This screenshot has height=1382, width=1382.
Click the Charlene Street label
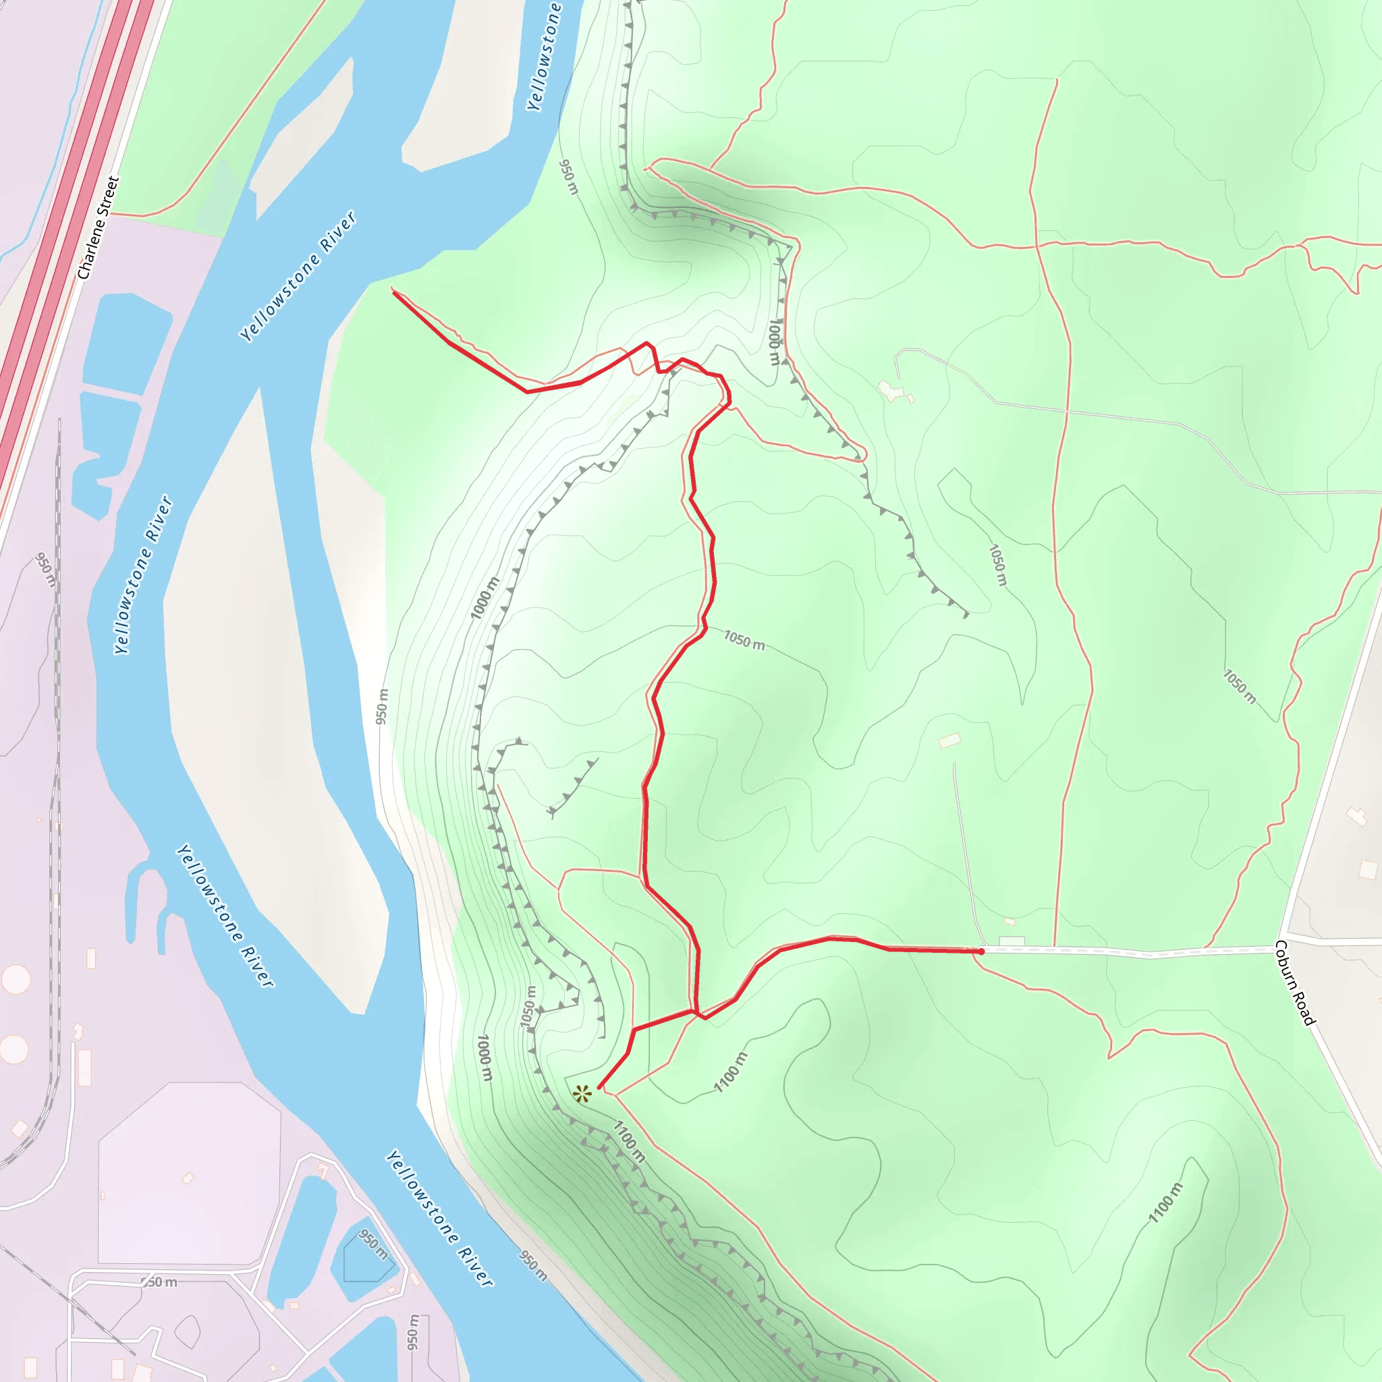click(98, 227)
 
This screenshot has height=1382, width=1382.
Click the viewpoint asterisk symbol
click(582, 1094)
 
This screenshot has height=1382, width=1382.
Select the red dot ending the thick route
click(981, 951)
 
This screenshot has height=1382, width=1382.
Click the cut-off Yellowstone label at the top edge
click(544, 57)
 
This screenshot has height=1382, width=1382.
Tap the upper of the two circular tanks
click(16, 979)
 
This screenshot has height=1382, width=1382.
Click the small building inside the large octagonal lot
click(188, 1178)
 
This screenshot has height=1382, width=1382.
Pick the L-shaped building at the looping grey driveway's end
click(890, 391)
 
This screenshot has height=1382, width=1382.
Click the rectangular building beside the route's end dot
click(1012, 941)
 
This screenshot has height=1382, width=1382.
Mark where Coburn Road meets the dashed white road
click(1277, 949)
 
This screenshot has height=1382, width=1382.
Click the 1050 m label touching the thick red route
click(744, 640)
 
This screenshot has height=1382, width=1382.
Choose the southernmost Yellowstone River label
click(440, 1218)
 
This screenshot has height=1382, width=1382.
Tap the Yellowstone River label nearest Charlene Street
click(298, 276)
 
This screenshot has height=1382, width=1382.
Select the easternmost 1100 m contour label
click(1165, 1203)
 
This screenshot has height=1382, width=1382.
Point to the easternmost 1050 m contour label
click(1239, 686)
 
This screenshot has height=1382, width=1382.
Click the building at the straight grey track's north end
click(949, 740)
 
